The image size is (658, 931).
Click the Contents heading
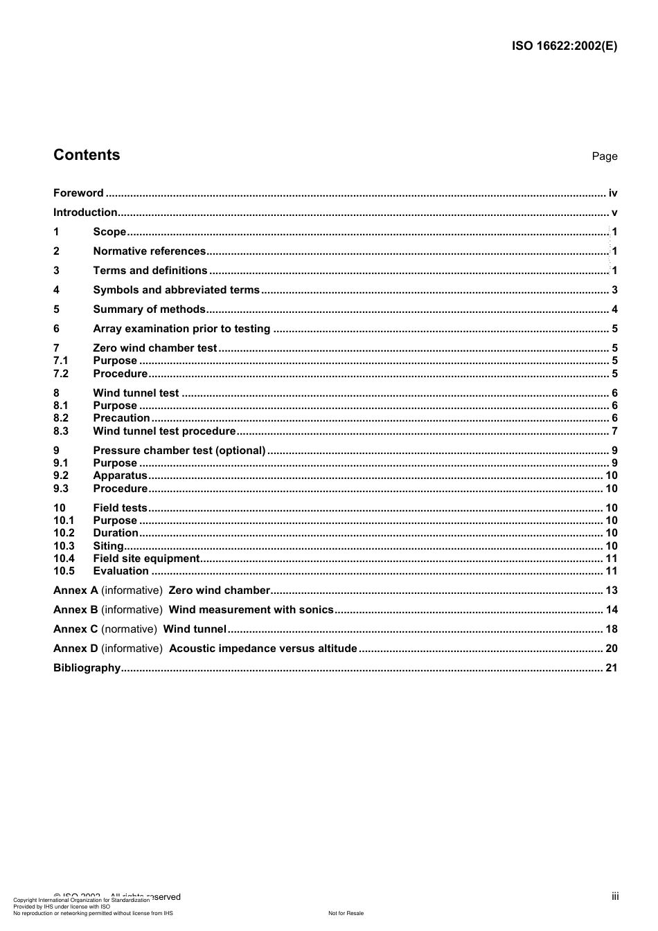click(x=87, y=155)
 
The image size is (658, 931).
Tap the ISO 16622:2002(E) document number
click(x=564, y=46)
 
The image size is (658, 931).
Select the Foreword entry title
click(x=78, y=193)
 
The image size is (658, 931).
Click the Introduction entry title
click(x=85, y=213)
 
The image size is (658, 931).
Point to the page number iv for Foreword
click(x=613, y=193)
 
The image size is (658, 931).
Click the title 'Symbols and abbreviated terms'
click(x=176, y=290)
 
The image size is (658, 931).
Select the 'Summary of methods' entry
click(x=149, y=309)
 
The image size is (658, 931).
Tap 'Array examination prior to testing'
click(x=181, y=329)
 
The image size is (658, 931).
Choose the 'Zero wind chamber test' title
click(x=155, y=348)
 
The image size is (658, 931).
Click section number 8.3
click(x=61, y=431)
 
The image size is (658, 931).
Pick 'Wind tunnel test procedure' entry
click(x=164, y=431)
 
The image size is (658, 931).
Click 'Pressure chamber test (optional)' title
click(x=179, y=451)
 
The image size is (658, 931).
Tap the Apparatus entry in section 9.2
click(x=120, y=476)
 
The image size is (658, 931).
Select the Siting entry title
click(x=108, y=546)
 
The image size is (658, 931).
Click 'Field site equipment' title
click(x=146, y=559)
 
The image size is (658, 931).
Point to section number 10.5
click(x=64, y=571)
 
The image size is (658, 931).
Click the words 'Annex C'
click(x=75, y=629)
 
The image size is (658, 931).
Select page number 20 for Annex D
click(x=611, y=649)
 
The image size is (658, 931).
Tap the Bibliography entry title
click(x=87, y=668)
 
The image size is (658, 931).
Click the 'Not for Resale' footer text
click(x=346, y=913)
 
